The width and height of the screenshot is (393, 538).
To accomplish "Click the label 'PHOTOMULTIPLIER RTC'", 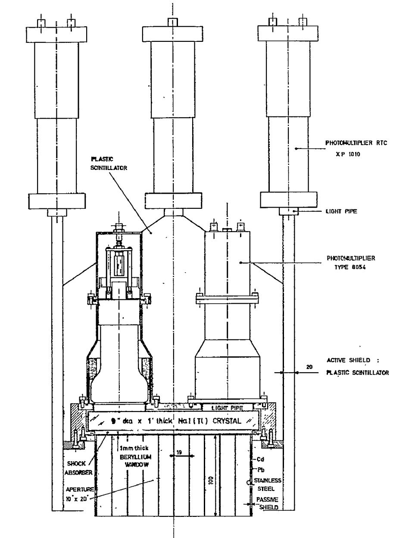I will pos(349,145).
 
